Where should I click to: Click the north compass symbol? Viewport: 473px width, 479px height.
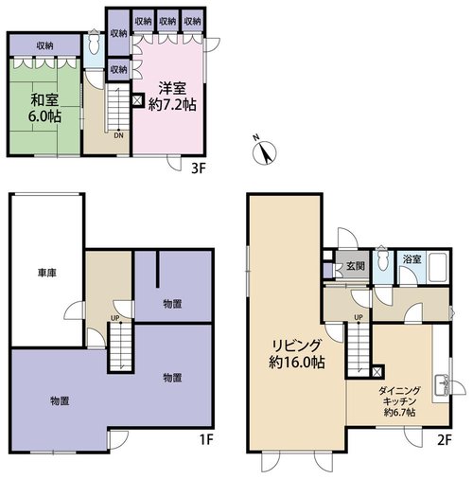pyautogui.click(x=265, y=152)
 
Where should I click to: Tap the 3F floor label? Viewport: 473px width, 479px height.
pyautogui.click(x=199, y=169)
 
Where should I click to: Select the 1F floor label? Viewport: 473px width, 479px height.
pyautogui.click(x=206, y=439)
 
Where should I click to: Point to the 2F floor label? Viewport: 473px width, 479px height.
pyautogui.click(x=445, y=440)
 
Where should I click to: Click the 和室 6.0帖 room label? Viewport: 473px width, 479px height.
pyautogui.click(x=44, y=109)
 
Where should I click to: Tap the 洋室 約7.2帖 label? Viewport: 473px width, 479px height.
pyautogui.click(x=172, y=97)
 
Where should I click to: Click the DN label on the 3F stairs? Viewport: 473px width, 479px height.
pyautogui.click(x=118, y=135)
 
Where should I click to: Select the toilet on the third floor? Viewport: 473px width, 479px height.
pyautogui.click(x=94, y=44)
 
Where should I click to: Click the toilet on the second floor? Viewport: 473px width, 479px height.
pyautogui.click(x=382, y=258)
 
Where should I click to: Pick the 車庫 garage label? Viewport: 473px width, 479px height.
pyautogui.click(x=47, y=273)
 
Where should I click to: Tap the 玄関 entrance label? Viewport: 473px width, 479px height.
pyautogui.click(x=356, y=266)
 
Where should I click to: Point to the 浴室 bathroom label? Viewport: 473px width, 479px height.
pyautogui.click(x=412, y=259)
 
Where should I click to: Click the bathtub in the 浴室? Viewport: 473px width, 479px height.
pyautogui.click(x=437, y=267)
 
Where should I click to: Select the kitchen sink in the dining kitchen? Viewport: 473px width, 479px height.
pyautogui.click(x=442, y=385)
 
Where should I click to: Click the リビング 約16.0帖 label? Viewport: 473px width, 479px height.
pyautogui.click(x=297, y=354)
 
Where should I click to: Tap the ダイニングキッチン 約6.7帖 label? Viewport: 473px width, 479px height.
pyautogui.click(x=399, y=401)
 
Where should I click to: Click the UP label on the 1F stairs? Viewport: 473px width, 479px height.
pyautogui.click(x=115, y=318)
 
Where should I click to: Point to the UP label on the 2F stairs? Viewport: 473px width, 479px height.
pyautogui.click(x=359, y=317)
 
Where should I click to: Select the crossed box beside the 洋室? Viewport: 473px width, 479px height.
pyautogui.click(x=138, y=100)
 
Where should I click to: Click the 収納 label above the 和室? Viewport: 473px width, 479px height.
pyautogui.click(x=44, y=46)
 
